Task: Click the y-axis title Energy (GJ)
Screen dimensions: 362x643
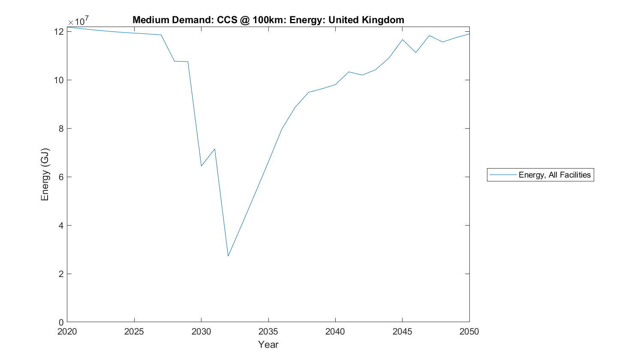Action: tap(45, 175)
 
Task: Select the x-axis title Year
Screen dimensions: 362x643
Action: tap(268, 344)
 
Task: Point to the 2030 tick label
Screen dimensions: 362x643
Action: tap(201, 332)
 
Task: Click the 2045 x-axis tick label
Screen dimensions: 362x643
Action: tap(402, 332)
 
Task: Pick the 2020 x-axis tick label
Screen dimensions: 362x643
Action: tap(67, 332)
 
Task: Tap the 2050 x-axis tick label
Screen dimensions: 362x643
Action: tap(469, 332)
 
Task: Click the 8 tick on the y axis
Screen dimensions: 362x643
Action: tap(61, 129)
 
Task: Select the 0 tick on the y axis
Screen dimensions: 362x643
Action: tap(61, 323)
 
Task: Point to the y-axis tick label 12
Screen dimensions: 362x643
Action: tap(59, 32)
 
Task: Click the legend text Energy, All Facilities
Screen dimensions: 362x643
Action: tap(554, 175)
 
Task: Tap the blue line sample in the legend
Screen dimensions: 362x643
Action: tap(503, 175)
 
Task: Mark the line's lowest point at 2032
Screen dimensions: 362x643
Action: tap(228, 256)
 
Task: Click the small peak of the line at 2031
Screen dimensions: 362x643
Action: tap(214, 149)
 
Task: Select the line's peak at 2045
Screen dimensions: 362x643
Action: tap(402, 39)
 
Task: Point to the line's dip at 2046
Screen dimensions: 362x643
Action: tap(416, 53)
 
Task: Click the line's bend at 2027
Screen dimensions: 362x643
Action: tap(161, 35)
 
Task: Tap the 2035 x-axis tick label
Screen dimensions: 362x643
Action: tap(268, 332)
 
